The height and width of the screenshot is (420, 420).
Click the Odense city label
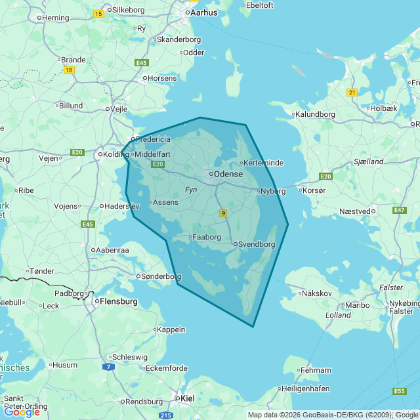(228, 175)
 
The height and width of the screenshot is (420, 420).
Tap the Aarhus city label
(203, 12)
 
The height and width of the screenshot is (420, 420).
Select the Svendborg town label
(257, 244)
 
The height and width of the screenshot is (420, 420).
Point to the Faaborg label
(207, 238)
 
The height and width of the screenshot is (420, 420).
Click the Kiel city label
(187, 398)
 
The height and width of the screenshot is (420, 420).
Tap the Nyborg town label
(273, 191)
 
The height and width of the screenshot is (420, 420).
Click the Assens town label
(165, 202)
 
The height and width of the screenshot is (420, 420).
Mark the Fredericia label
(154, 139)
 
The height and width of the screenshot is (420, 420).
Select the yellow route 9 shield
(223, 213)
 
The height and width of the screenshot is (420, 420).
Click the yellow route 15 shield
(98, 14)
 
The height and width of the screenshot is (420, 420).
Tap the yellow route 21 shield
(352, 93)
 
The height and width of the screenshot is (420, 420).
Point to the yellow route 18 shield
(69, 70)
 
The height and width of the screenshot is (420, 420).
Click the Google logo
(22, 411)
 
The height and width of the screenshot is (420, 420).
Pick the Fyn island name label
(191, 189)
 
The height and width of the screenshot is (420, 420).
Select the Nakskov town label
(316, 293)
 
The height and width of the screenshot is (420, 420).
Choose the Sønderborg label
(161, 277)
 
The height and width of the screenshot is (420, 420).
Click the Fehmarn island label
(316, 370)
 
